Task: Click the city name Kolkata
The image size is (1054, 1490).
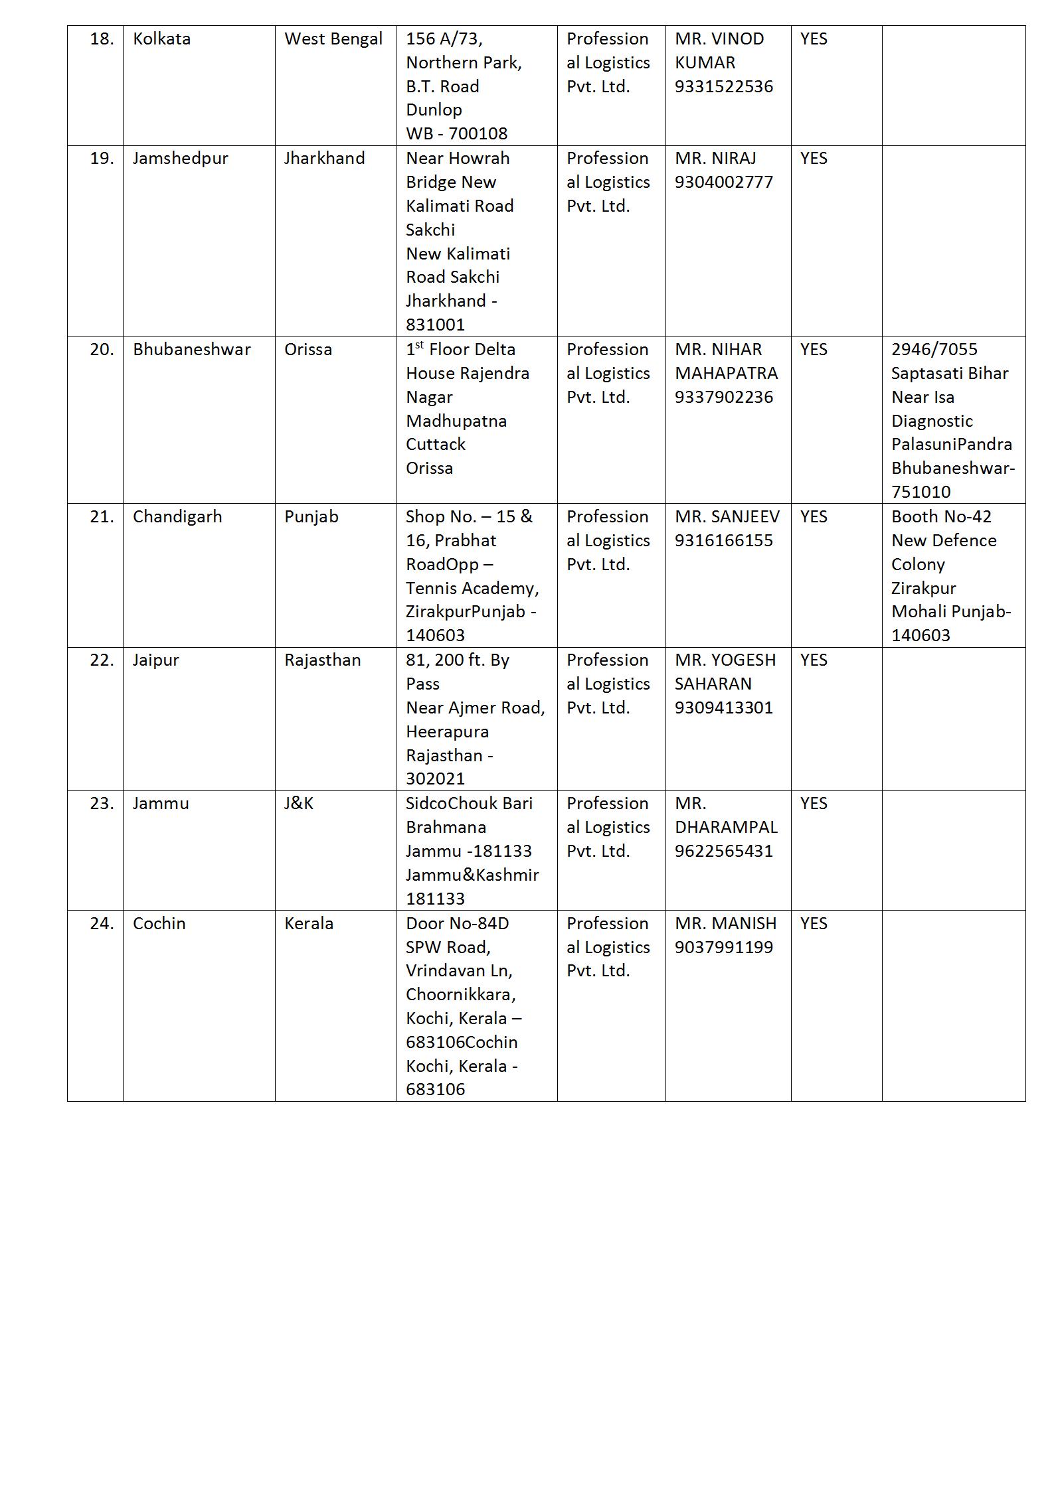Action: [x=161, y=39]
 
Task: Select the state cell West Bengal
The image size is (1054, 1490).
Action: [x=333, y=39]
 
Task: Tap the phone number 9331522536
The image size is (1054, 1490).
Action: [x=724, y=87]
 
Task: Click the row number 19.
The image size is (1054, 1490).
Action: [x=102, y=159]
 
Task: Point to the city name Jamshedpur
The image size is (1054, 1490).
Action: [x=180, y=159]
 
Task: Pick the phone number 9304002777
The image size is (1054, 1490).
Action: [x=724, y=183]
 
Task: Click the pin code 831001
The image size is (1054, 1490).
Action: [x=436, y=325]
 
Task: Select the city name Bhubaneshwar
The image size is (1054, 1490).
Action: [x=191, y=350]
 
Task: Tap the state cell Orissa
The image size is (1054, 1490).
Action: [x=308, y=350]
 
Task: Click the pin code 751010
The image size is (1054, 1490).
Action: [x=921, y=492]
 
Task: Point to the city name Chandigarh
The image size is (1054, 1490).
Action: [x=177, y=517]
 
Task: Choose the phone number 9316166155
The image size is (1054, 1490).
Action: [x=724, y=541]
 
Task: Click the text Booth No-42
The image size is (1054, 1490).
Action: [x=940, y=517]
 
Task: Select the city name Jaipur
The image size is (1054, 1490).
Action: [x=155, y=660]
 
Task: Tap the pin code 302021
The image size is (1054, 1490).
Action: [x=436, y=779]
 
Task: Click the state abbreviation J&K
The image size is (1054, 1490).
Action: [x=299, y=804]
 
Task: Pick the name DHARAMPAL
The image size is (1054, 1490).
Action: [x=726, y=828]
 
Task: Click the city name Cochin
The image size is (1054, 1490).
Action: [x=159, y=924]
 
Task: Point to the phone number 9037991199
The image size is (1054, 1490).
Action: [x=724, y=948]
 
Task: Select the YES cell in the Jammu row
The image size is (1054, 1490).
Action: [x=814, y=804]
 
